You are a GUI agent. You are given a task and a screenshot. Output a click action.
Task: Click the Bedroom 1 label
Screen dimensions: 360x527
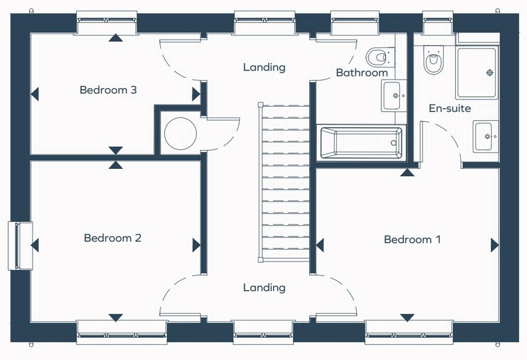(x=412, y=239)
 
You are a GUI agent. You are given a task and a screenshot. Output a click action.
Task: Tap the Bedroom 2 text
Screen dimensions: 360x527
(x=112, y=238)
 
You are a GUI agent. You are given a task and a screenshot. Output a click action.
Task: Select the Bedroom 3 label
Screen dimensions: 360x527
(x=108, y=90)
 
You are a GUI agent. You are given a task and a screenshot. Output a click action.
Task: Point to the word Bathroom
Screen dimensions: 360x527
(x=362, y=73)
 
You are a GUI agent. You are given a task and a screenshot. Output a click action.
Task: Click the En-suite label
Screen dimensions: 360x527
(x=450, y=108)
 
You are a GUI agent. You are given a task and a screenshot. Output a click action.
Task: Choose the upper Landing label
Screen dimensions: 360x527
(x=264, y=67)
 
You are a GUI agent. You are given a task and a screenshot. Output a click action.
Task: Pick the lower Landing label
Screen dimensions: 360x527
(x=264, y=287)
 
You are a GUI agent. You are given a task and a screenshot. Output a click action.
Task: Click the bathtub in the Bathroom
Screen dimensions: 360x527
(x=361, y=142)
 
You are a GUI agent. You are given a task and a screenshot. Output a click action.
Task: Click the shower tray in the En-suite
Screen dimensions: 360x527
(x=476, y=73)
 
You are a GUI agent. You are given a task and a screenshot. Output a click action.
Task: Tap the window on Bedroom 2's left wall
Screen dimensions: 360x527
(x=19, y=246)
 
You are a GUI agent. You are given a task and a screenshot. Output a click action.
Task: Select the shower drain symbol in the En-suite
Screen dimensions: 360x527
(x=489, y=72)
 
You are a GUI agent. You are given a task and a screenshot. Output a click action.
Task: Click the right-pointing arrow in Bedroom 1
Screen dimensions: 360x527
(x=495, y=245)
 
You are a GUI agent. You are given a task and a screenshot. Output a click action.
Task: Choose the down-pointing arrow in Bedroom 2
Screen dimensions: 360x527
(x=116, y=317)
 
